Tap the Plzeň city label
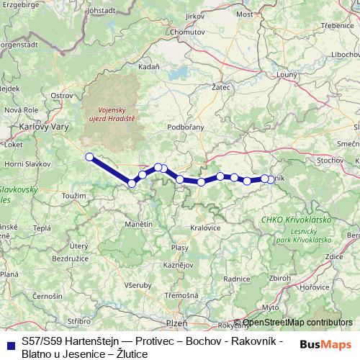(177, 323)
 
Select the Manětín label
(138, 225)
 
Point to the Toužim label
(73, 196)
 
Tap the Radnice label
(237, 279)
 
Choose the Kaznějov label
(178, 265)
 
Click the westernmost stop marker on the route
(89, 157)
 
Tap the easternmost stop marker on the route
(271, 179)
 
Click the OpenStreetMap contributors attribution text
(297, 323)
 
